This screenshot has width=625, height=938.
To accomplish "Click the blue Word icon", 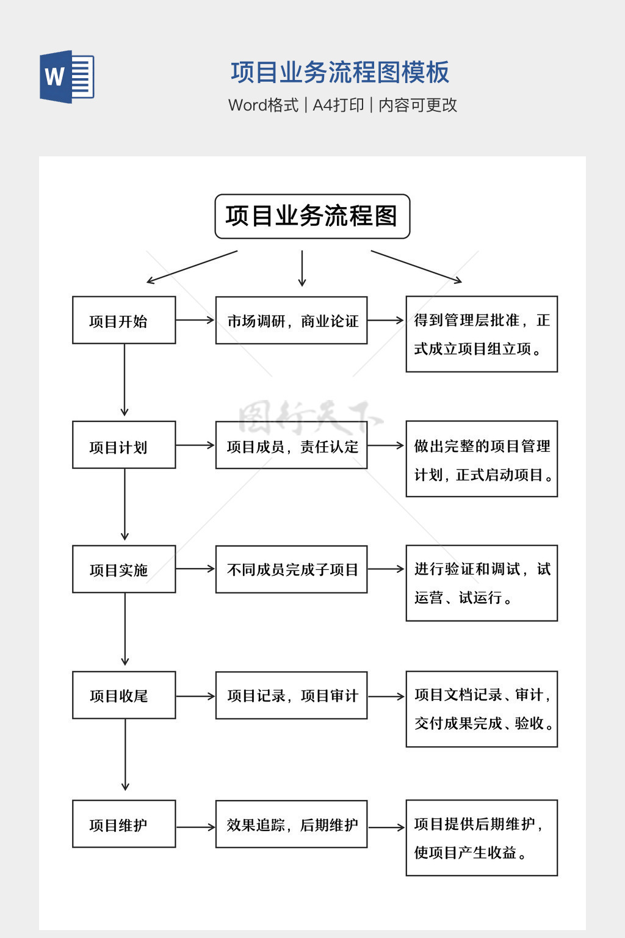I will coord(67,76).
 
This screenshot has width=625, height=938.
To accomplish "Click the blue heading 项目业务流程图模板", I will coord(340,72).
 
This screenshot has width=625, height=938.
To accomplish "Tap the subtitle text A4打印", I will coord(338,105).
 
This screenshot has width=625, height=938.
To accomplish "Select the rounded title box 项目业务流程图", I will coord(312,216).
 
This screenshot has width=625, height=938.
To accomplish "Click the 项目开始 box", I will coord(124,320).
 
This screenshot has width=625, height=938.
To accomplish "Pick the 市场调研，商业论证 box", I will coord(291,320).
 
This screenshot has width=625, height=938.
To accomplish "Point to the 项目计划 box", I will coord(124,445).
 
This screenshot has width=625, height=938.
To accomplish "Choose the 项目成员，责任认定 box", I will coord(291,445).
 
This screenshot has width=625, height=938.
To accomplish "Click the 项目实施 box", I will coord(124,569).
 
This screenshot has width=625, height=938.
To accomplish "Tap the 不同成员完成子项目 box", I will coord(291,569).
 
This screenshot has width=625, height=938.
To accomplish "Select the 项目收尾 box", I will coord(124,695).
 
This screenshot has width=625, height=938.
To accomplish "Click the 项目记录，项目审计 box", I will coord(291,695).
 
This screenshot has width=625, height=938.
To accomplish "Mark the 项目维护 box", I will coord(124,824).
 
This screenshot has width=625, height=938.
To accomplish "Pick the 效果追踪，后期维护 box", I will coord(291,824).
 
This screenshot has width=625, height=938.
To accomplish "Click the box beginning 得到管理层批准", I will coord(482,334).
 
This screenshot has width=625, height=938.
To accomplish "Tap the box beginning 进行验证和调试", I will coord(482,583).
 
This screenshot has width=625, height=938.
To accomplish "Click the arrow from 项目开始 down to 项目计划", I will coord(125,380).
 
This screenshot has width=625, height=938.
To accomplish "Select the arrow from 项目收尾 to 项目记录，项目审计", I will coord(195,696).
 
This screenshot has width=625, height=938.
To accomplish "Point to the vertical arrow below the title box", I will coord(302,268).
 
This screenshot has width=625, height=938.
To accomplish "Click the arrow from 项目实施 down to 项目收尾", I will coord(125,629).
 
